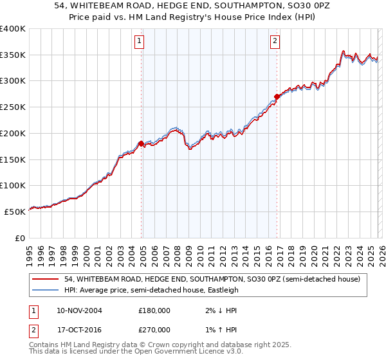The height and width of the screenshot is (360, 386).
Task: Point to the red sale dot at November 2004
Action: pos(141,143)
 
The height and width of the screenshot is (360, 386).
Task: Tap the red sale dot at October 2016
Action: pos(277,96)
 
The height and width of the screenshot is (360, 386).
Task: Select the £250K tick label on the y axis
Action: pos(13,107)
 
